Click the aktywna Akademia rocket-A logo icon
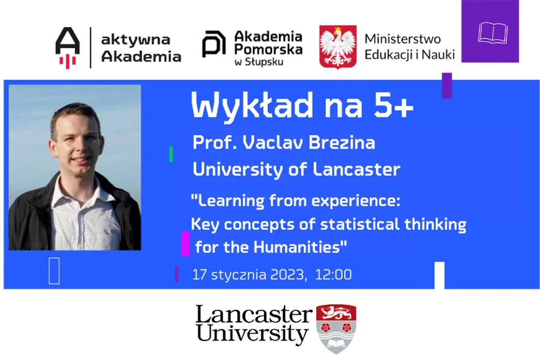(x=68, y=48)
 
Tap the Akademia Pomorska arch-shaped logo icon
(x=213, y=44)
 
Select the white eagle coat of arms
(x=338, y=47)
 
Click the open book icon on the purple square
(x=493, y=34)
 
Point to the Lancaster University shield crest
(x=336, y=328)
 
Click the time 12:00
(x=333, y=275)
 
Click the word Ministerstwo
(x=403, y=39)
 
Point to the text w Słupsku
(x=259, y=62)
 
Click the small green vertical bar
(x=171, y=154)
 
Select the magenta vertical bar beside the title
(x=186, y=244)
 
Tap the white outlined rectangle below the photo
(x=54, y=271)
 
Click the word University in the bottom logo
(x=252, y=334)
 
